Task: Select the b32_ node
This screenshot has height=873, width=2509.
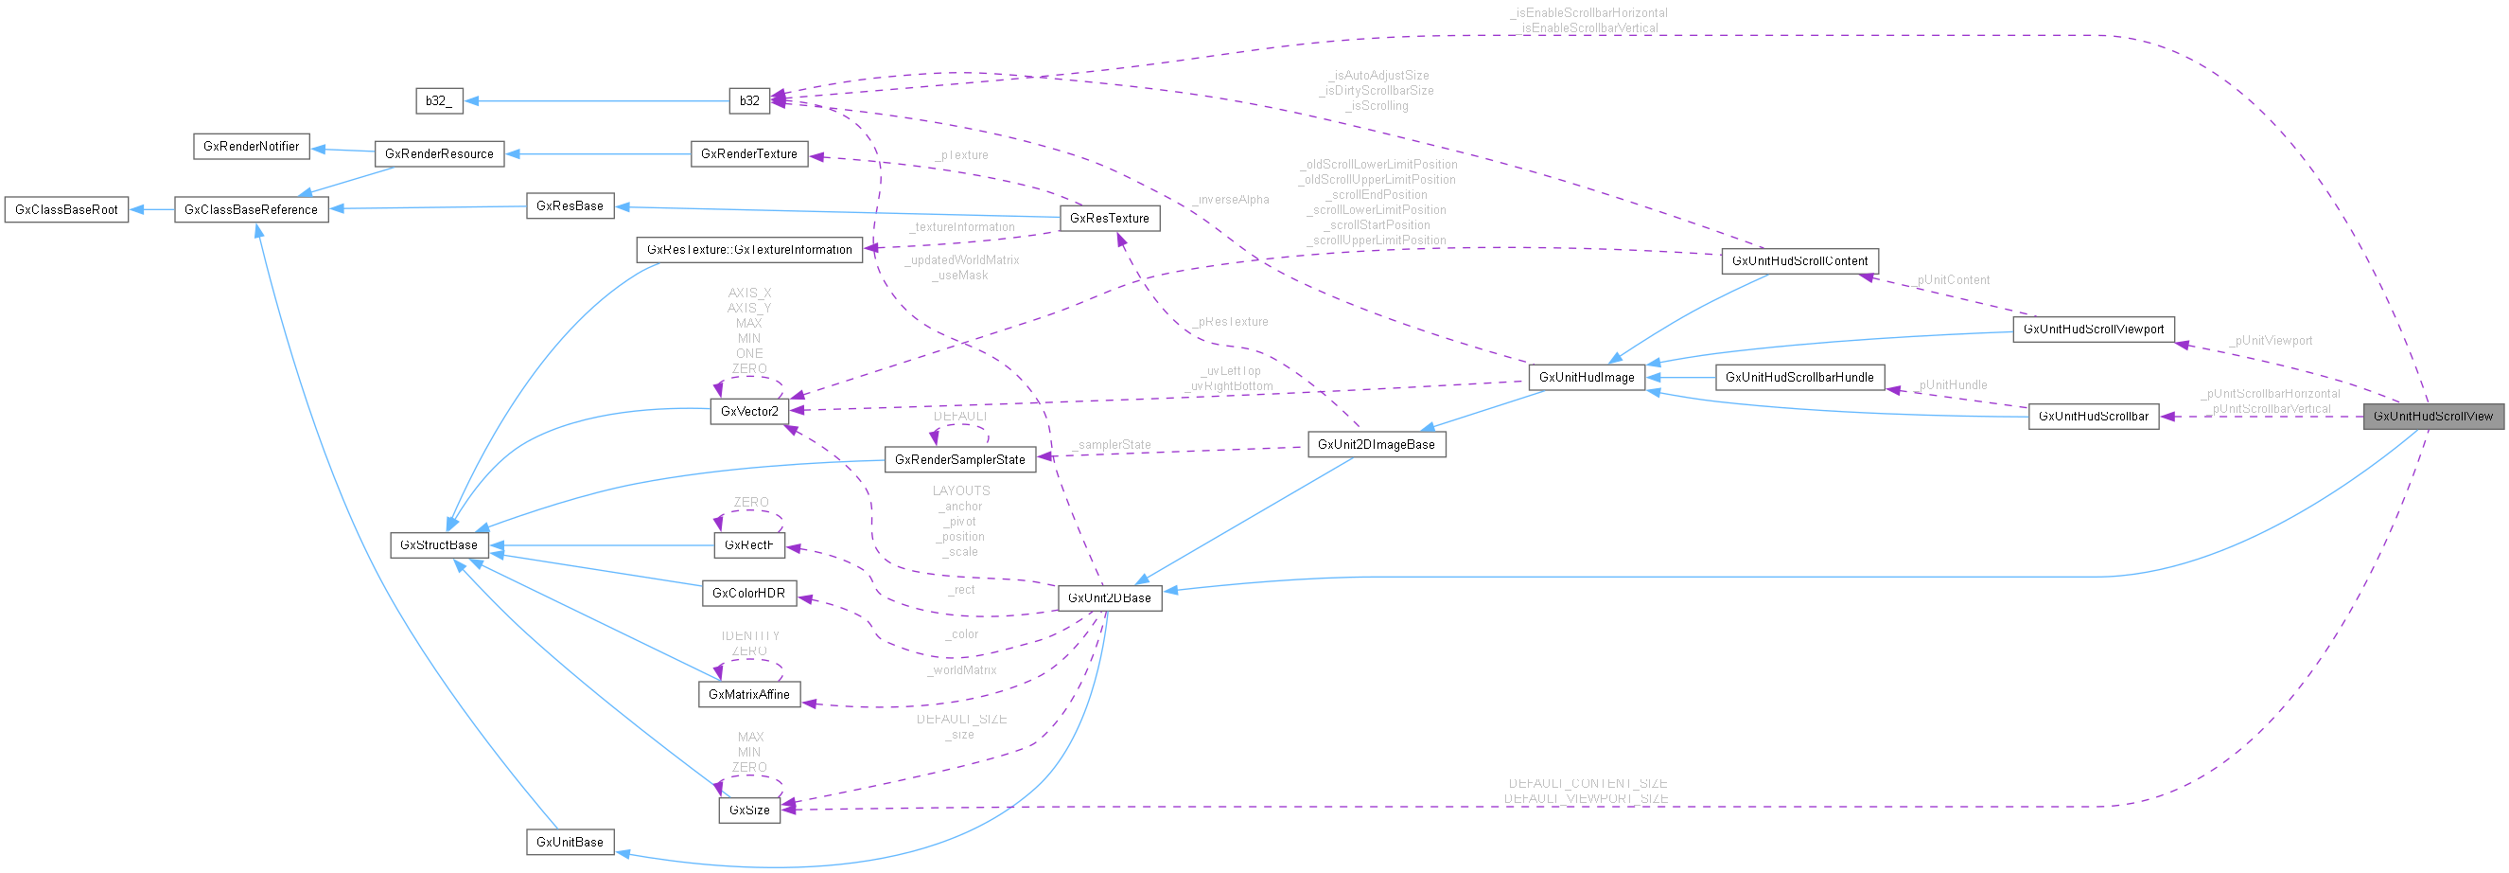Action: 438,101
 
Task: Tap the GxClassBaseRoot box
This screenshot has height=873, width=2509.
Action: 66,209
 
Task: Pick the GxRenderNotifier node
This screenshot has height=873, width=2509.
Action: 252,146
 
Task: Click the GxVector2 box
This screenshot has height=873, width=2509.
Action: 749,411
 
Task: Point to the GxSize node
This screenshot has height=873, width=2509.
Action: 749,810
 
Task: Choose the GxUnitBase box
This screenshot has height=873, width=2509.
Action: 570,842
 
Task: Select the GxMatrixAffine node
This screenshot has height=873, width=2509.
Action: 748,695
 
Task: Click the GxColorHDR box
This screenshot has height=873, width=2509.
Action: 748,593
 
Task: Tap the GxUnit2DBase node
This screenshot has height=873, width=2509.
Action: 1110,598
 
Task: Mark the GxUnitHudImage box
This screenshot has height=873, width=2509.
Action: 1587,377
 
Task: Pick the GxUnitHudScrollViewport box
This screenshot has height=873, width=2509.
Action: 2093,330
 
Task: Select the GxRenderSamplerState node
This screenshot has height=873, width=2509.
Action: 959,460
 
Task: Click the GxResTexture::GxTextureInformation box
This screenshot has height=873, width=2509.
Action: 748,249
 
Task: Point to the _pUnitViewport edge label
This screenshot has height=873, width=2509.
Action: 2270,341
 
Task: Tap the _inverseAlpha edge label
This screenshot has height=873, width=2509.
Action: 1231,200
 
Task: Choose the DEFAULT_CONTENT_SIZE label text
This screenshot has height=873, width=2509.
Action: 1588,783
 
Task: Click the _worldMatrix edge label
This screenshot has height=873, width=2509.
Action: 962,670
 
